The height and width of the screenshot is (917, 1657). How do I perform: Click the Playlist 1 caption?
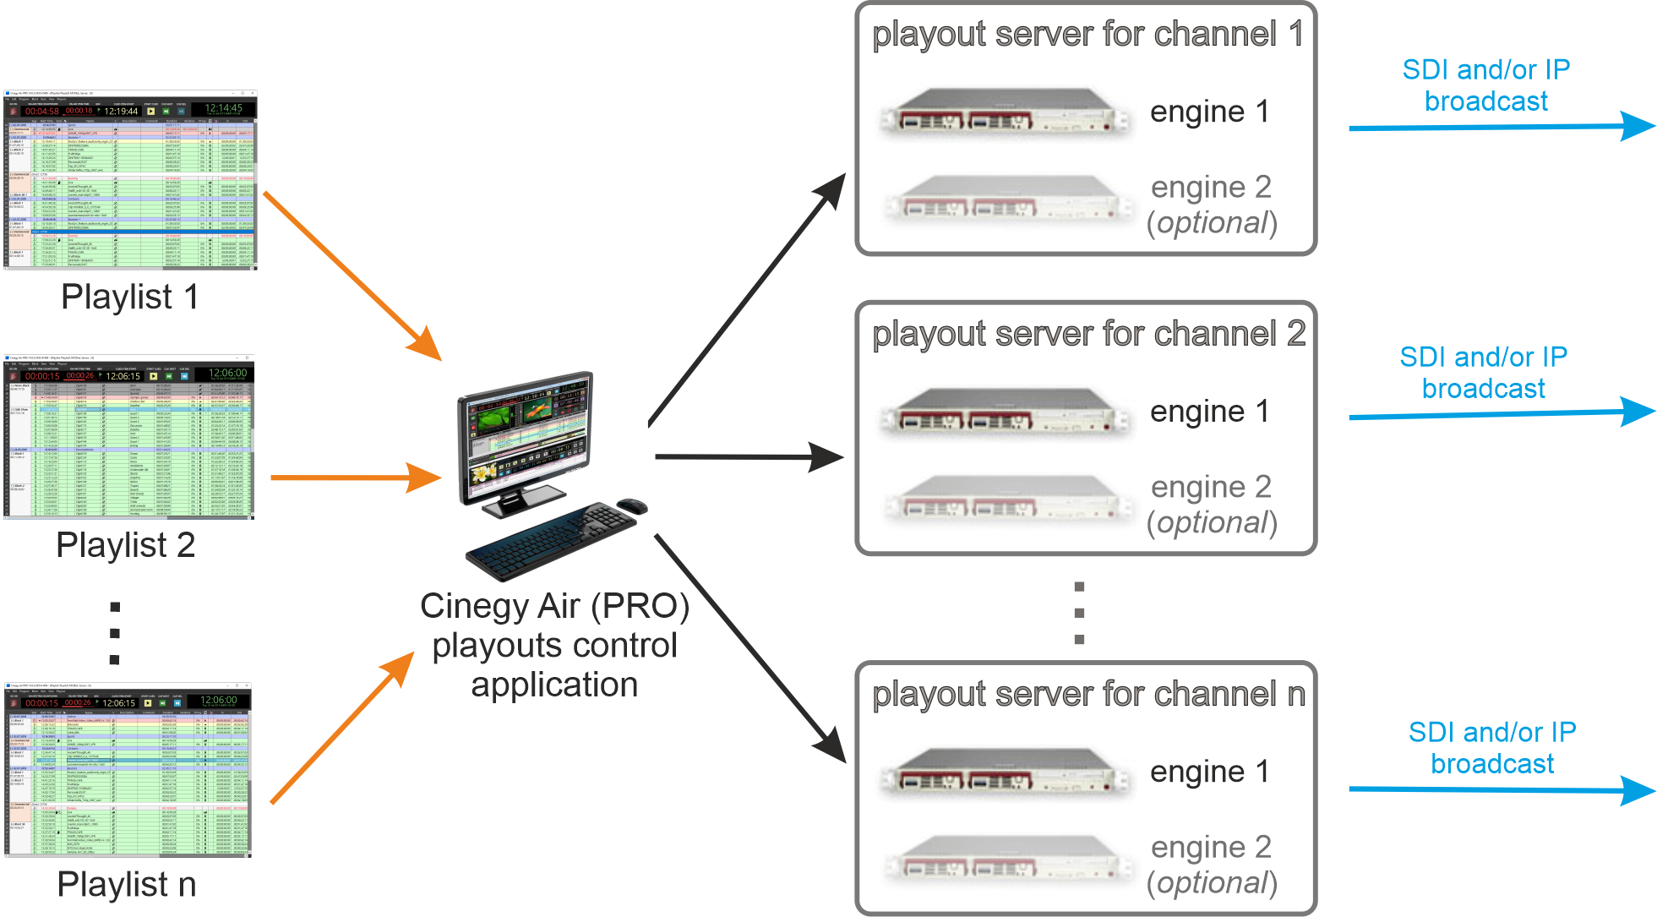tap(130, 297)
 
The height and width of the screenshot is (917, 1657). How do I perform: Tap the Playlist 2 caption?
tap(125, 545)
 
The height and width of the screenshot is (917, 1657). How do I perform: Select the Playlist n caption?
tap(127, 885)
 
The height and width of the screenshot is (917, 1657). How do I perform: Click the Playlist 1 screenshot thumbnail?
tap(129, 180)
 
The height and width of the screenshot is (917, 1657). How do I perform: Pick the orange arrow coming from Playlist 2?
tap(355, 478)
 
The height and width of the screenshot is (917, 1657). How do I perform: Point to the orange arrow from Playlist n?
tap(342, 728)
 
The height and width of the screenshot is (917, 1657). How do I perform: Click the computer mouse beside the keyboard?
tap(631, 506)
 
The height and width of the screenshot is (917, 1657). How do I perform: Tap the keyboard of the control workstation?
tap(549, 541)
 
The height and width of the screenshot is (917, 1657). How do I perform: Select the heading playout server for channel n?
tap(1088, 694)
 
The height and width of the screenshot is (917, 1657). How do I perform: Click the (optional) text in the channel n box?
tap(1212, 883)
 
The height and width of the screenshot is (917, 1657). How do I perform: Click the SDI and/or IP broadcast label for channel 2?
tap(1483, 373)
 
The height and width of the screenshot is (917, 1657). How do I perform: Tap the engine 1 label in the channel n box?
tap(1209, 772)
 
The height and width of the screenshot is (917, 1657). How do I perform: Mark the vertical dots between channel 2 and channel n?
tap(1079, 613)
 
